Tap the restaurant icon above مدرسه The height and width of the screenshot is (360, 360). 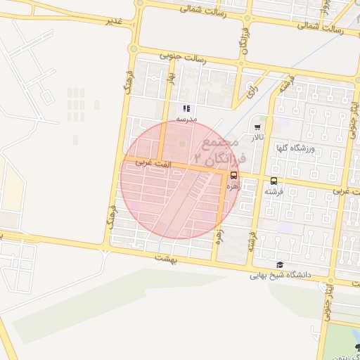tap(186, 108)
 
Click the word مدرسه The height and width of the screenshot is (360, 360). tap(186, 120)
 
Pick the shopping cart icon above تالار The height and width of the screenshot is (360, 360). tap(258, 127)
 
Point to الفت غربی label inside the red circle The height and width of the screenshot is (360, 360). tap(138, 162)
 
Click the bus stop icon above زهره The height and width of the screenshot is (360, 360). tap(233, 176)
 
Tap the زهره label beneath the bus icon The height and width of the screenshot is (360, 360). tap(233, 188)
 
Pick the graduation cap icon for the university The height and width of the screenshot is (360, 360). tap(280, 265)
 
